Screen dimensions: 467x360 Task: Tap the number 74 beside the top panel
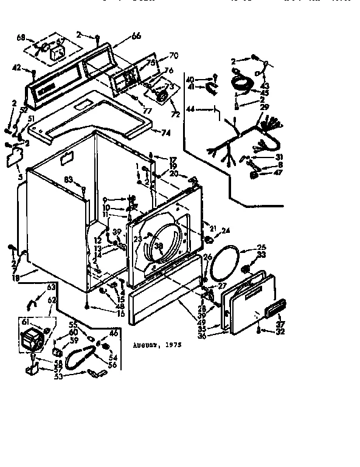pyautogui.click(x=165, y=132)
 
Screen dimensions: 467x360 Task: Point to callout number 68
pyautogui.click(x=21, y=38)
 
